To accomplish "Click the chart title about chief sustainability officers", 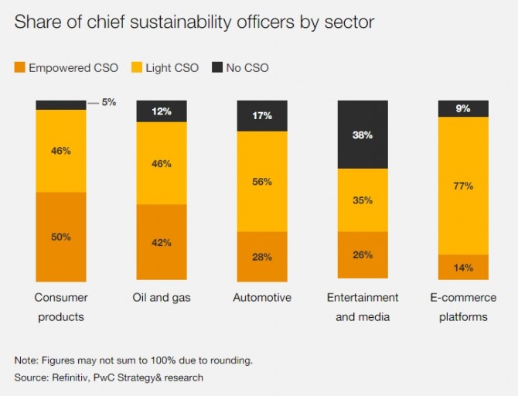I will point(194,22).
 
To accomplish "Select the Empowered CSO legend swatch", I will point(19,68).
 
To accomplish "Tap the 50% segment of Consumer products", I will point(61,237).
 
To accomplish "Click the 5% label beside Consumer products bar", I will point(108,102).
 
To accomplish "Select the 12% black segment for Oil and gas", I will point(162,111).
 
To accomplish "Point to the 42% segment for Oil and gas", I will point(162,242).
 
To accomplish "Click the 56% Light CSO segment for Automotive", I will point(262,181).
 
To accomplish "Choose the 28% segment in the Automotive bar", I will point(262,256).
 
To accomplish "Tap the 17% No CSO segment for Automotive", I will point(262,116).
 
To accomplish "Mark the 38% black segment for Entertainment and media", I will point(363,135).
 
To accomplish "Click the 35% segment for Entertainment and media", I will point(363,200).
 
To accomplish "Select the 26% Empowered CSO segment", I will point(363,254).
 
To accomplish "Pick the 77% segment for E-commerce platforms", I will point(463,186).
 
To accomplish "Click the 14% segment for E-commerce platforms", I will point(463,268).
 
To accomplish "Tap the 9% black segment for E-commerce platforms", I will point(463,108).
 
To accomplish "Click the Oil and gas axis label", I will point(162,298).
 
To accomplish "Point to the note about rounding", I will point(133,360).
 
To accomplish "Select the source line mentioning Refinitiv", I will point(108,377).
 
